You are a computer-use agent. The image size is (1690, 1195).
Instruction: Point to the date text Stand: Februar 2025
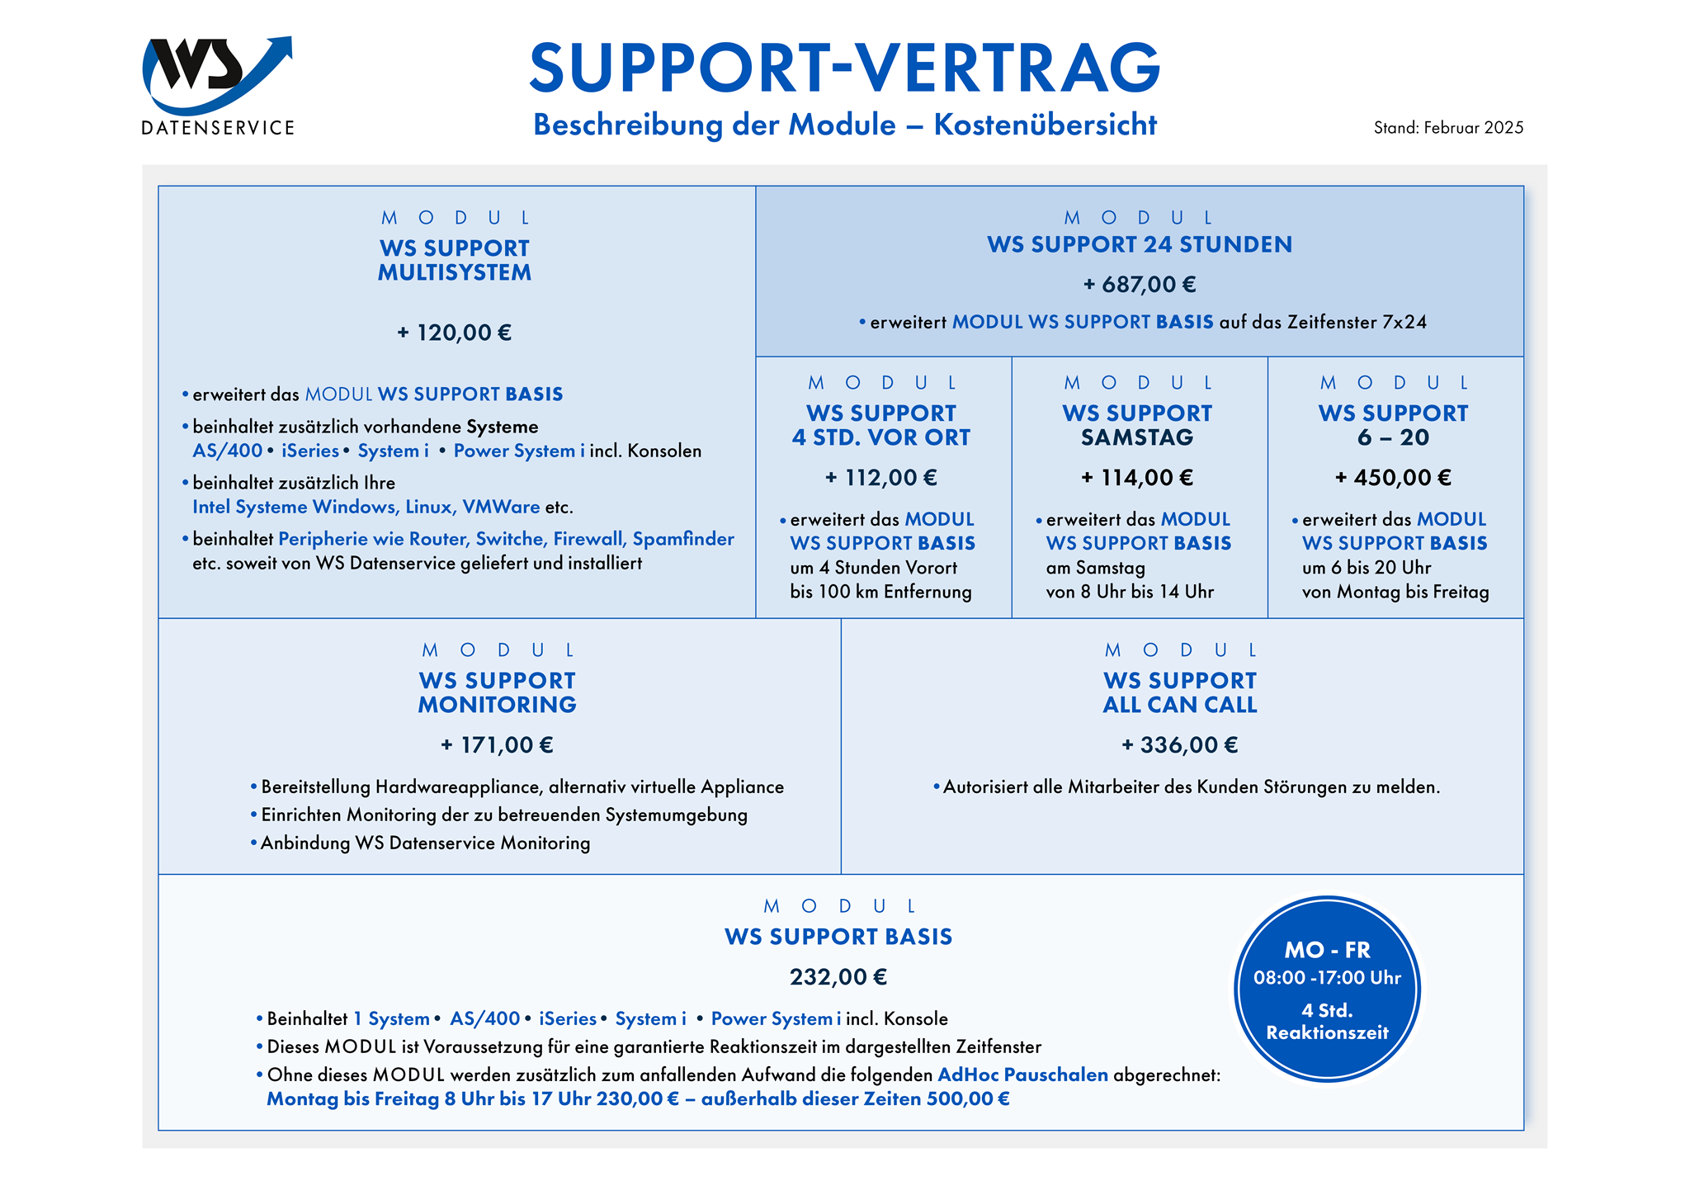tap(1448, 128)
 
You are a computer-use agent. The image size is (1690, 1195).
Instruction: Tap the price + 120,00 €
tap(455, 333)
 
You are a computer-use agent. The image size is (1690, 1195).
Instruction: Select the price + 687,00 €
tap(1140, 285)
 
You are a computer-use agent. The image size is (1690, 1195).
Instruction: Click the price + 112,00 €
tap(881, 478)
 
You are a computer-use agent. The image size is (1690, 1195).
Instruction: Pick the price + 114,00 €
tap(1137, 478)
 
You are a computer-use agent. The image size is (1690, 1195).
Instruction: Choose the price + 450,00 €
tap(1393, 478)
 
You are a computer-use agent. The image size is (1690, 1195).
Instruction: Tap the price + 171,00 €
tap(497, 745)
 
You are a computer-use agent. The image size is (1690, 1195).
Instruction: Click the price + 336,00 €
tap(1180, 745)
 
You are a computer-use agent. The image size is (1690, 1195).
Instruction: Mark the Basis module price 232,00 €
tap(838, 977)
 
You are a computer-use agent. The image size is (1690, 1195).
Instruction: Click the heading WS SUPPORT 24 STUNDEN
tap(1140, 245)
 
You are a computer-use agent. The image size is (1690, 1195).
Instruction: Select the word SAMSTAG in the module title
tap(1137, 437)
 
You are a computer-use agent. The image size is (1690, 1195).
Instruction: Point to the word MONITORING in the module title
tap(497, 705)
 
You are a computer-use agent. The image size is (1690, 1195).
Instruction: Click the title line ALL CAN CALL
tap(1180, 705)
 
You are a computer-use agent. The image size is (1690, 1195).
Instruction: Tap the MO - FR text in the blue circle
tap(1327, 950)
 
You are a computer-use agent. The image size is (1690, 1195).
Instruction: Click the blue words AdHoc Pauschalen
tap(1022, 1075)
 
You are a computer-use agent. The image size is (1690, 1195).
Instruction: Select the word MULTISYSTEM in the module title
tap(455, 272)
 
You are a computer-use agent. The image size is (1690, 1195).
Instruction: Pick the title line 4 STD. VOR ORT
tap(881, 437)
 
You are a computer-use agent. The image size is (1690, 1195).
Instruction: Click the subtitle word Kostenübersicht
tap(1045, 125)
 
